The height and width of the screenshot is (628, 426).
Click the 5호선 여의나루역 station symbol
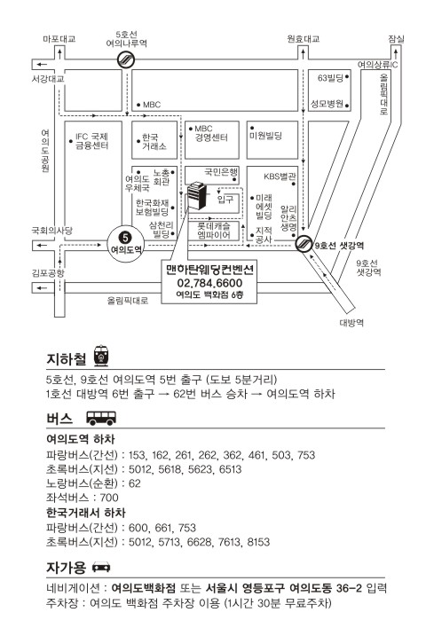[126, 60]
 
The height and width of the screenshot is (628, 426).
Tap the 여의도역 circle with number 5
[126, 244]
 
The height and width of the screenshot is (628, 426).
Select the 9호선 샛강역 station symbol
[304, 243]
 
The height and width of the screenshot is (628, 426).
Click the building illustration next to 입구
[196, 195]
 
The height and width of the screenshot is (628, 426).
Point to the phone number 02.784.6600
[209, 283]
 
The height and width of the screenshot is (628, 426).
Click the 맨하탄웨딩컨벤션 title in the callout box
[209, 270]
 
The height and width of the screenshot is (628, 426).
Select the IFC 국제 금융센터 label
[91, 141]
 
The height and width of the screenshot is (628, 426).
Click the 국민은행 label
[221, 172]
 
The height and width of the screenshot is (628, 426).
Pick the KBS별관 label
[280, 177]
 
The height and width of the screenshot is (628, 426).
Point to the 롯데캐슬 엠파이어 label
[214, 231]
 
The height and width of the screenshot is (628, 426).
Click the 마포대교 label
[59, 39]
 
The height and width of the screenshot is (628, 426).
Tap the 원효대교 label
[304, 39]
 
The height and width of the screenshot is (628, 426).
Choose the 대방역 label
[351, 323]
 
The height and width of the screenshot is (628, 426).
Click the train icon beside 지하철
[101, 356]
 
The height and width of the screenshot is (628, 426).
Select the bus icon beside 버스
[101, 418]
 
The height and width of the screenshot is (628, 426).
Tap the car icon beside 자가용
[101, 568]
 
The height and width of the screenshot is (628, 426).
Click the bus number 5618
[171, 469]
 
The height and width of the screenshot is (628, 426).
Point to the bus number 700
[109, 498]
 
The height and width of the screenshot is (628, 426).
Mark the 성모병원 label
[327, 104]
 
